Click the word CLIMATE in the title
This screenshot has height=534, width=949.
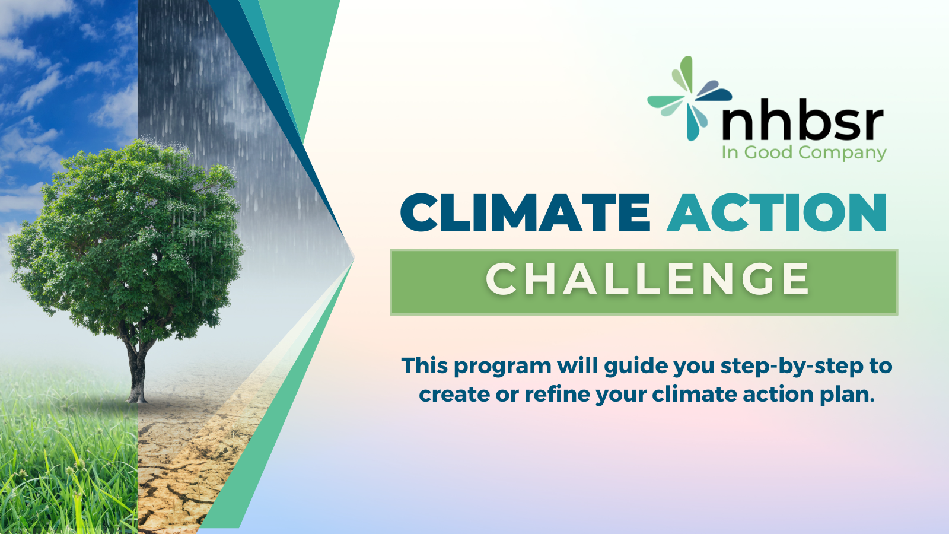click(526, 212)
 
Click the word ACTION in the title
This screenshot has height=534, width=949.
click(777, 212)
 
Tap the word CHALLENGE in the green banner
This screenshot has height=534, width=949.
click(648, 279)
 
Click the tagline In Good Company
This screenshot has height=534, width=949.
click(804, 152)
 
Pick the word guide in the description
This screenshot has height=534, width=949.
click(635, 367)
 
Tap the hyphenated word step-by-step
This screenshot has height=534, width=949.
click(792, 367)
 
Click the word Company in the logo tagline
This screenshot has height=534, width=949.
click(842, 153)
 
